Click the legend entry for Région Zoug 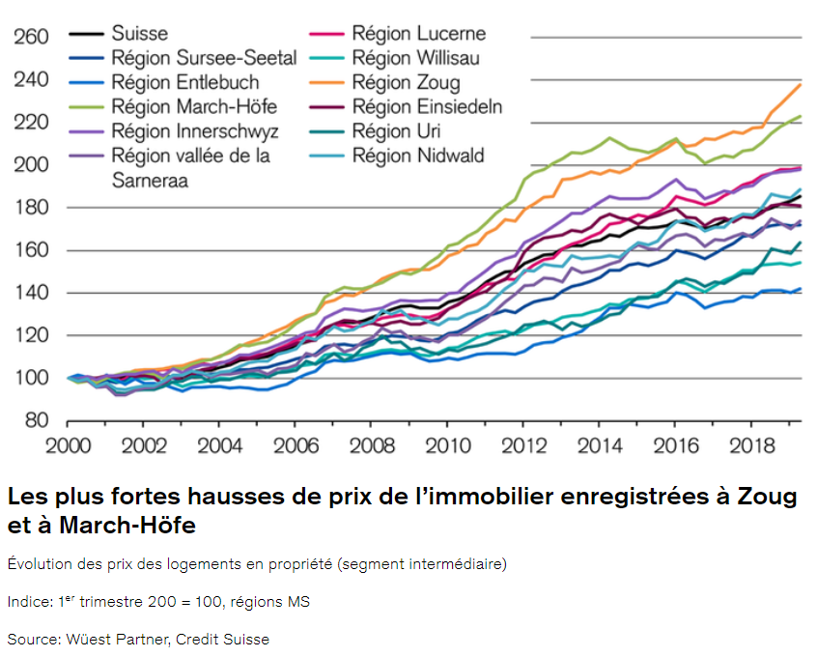406,83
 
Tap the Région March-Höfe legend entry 181,107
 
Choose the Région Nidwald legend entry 418,156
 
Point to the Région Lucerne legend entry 418,35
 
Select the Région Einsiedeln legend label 427,107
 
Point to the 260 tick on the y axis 30,38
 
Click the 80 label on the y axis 37,420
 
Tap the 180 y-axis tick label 30,208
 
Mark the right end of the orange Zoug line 801,84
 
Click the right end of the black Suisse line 801,196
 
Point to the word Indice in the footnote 28,602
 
